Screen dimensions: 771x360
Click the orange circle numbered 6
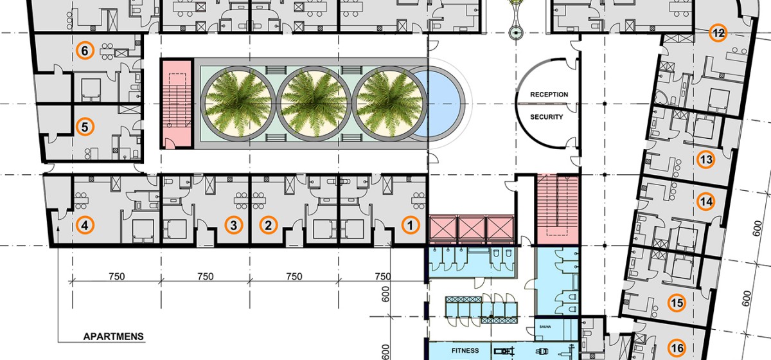click(x=85, y=51)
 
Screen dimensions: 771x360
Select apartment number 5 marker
click(x=85, y=127)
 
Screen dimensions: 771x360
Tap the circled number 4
click(x=85, y=225)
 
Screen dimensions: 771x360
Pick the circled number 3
click(x=234, y=225)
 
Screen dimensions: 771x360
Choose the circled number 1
click(x=411, y=225)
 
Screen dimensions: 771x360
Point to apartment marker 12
click(x=718, y=33)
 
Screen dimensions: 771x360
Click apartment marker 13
click(x=706, y=159)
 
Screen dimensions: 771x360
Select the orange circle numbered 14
click(x=706, y=201)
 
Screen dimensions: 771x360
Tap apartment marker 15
click(x=677, y=303)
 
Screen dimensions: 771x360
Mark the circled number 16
click(x=677, y=348)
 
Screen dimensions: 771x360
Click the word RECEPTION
click(x=549, y=94)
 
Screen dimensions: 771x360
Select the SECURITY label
click(x=546, y=117)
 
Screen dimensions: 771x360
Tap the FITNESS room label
click(x=465, y=350)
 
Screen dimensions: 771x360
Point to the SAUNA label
click(x=545, y=327)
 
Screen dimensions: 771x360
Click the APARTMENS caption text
click(x=113, y=336)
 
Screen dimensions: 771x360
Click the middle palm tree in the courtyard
click(x=314, y=104)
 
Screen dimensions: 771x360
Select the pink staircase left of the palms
click(x=176, y=104)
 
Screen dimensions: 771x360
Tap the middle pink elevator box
click(x=472, y=228)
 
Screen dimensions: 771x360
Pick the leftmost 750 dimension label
click(x=117, y=276)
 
